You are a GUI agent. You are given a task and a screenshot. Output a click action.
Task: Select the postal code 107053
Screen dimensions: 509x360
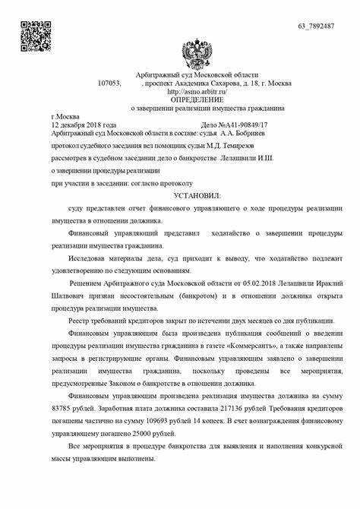coord(110,84)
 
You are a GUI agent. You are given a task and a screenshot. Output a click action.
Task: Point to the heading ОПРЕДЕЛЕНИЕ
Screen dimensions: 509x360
coord(197,100)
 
